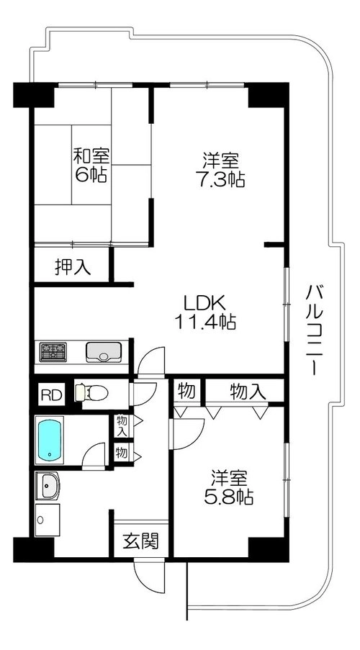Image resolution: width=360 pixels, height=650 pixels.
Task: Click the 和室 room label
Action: click(91, 156)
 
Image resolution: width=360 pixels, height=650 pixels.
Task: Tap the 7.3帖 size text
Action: click(220, 179)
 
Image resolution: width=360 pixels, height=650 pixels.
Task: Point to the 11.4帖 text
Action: click(205, 321)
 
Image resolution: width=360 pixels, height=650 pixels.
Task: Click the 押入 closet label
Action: click(73, 267)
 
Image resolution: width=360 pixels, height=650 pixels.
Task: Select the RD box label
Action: click(52, 394)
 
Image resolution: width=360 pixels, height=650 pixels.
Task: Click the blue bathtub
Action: click(50, 440)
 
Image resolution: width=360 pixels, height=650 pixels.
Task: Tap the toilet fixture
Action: click(91, 392)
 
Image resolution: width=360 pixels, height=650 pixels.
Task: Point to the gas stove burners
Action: click(53, 352)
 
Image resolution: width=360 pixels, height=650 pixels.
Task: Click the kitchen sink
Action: click(104, 352)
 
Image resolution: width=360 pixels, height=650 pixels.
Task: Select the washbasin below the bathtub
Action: click(48, 485)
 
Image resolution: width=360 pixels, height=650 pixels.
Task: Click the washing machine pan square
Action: click(48, 520)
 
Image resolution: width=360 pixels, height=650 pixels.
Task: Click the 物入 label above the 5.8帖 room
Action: click(248, 392)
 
